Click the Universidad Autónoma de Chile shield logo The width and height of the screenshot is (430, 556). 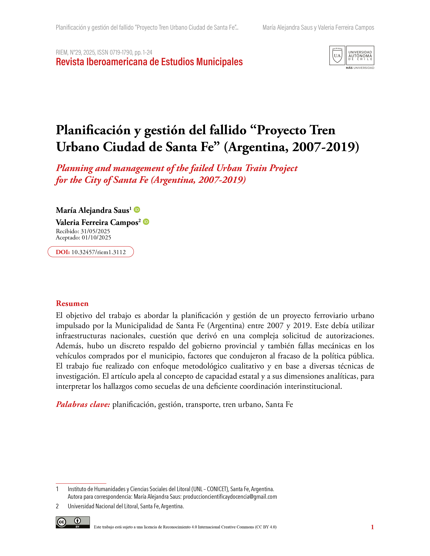pos(337,55)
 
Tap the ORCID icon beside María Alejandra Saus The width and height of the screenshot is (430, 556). pos(137,210)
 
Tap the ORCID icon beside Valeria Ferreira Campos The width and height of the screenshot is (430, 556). pos(146,222)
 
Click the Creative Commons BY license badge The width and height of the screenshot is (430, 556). pos(73,522)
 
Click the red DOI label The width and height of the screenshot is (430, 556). pos(63,252)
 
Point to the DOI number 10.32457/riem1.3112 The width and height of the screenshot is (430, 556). pos(99,252)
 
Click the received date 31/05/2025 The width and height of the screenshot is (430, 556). pos(95,231)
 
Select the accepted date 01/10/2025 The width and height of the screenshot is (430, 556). pos(96,238)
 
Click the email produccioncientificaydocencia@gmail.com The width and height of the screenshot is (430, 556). pos(230,497)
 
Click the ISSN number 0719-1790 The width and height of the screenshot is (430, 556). pos(121,52)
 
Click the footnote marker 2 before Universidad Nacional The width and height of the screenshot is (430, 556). pos(57,506)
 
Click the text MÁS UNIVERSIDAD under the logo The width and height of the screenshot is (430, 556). pos(360,68)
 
